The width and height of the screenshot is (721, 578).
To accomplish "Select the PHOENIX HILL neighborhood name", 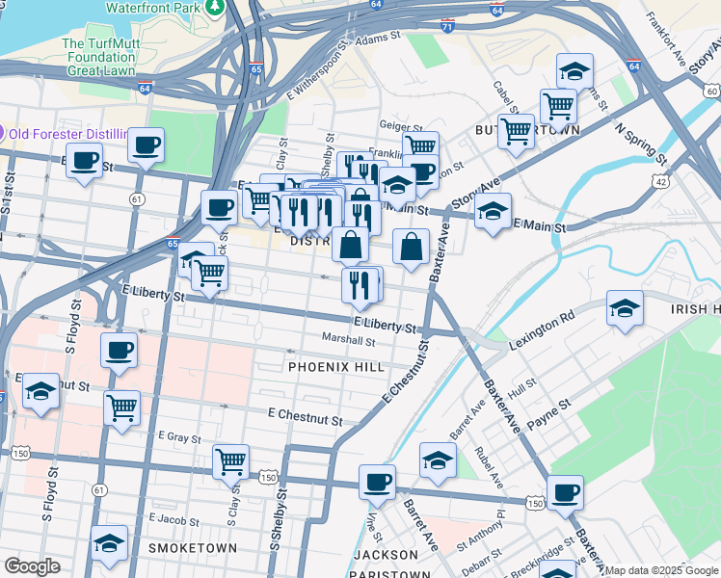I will coord(336,367).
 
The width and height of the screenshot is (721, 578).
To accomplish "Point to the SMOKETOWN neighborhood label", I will coord(193,548).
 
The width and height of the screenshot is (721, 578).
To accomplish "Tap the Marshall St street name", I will coord(349,340).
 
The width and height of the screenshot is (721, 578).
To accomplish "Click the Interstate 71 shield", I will coord(446,27).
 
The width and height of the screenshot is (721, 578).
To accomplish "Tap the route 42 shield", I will coord(660,181).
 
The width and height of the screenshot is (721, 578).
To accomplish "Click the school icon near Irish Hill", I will coord(625,308).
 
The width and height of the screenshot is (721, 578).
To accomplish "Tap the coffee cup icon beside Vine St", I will coord(377,480).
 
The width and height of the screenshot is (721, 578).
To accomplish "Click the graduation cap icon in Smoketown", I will coord(109,542).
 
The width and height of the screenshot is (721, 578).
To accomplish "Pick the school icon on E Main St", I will coord(493,212).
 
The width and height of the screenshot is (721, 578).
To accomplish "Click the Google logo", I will coord(32,566).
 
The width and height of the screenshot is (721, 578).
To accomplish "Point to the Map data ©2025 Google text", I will coord(661,570).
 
